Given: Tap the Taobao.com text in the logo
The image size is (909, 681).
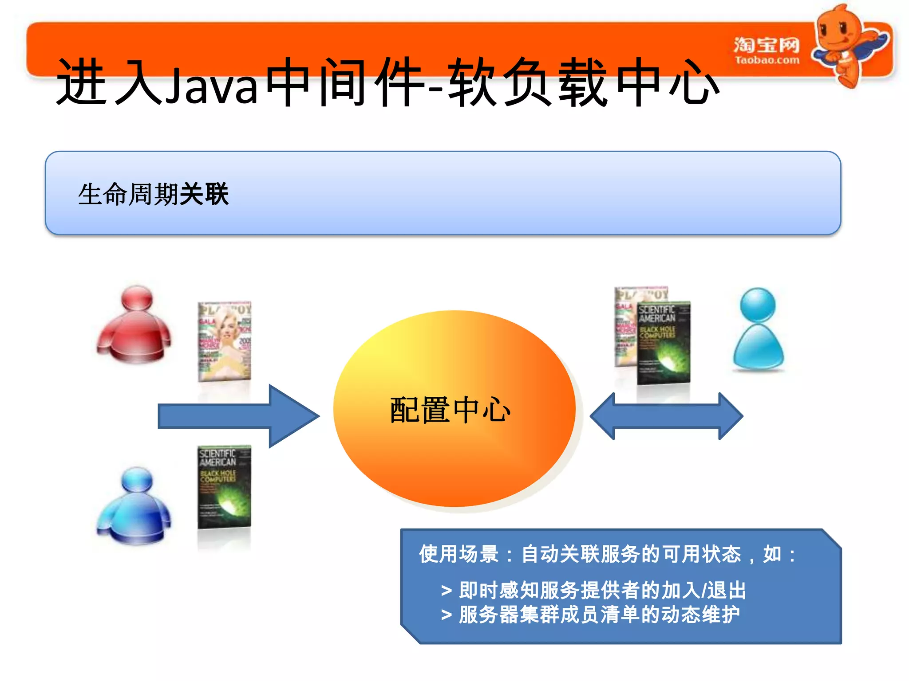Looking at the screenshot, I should [767, 60].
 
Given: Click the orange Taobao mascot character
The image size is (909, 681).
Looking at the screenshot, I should [846, 44].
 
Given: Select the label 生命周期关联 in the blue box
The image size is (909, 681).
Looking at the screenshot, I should [153, 194].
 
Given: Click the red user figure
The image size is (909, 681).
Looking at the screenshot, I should [134, 326].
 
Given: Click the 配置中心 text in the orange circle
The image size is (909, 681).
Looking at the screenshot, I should [450, 410].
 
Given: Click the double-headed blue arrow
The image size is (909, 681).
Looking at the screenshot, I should [666, 416].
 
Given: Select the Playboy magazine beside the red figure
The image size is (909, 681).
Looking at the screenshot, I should [224, 341].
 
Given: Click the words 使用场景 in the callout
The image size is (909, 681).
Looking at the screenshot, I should [459, 554].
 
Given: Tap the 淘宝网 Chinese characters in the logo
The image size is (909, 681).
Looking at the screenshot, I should [767, 45].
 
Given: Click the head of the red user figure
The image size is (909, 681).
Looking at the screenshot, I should [137, 298].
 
